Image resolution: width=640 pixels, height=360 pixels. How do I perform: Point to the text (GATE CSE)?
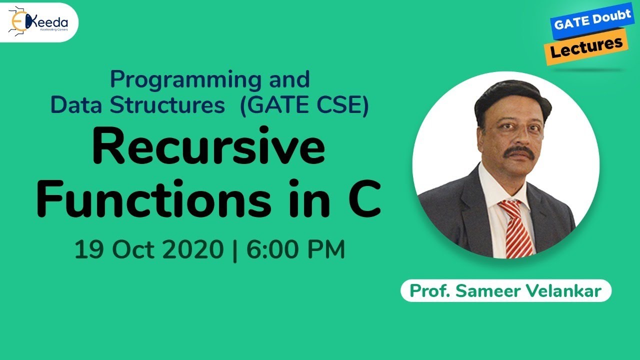click(304, 105)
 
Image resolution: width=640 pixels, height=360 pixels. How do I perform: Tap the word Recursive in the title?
click(208, 149)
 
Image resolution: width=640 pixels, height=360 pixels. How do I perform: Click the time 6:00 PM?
click(296, 249)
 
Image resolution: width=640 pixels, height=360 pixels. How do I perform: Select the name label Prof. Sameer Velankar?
click(505, 290)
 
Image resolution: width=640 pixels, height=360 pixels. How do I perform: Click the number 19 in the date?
click(90, 249)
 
